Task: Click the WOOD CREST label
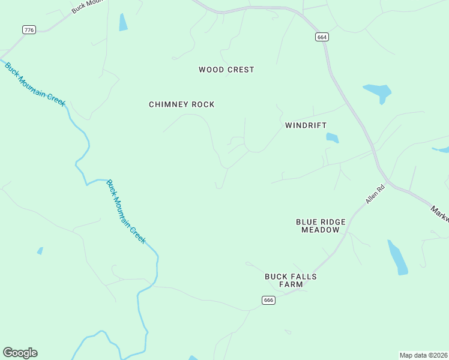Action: coord(226,70)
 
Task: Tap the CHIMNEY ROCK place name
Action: coord(181,104)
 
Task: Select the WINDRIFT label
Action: coord(306,125)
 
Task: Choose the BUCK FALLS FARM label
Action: coord(291,281)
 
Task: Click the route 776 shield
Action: coord(28,29)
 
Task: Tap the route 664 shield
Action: coord(322,37)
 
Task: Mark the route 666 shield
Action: coord(268,300)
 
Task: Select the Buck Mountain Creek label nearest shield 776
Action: coord(34,84)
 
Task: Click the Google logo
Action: coord(20,353)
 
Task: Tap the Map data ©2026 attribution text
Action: coord(423,355)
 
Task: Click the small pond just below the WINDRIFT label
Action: coord(332,138)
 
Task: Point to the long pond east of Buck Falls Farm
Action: coord(397,258)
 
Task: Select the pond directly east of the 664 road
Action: coord(378,92)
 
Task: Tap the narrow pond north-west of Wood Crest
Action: coord(123,22)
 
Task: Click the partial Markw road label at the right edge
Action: coord(440,213)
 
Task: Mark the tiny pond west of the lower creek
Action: coord(40,251)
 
